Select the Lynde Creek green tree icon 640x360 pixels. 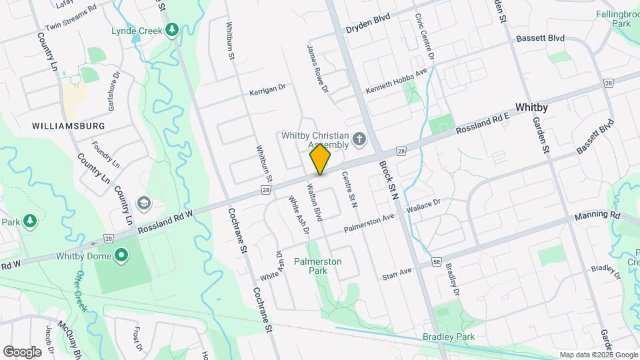[x=172, y=30]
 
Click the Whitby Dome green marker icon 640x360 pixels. [x=121, y=255]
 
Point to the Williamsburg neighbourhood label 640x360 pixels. [x=69, y=125]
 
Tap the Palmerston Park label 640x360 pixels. [x=318, y=267]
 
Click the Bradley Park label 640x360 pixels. [x=449, y=337]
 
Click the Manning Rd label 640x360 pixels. [x=597, y=215]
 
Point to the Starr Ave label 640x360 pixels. [x=399, y=274]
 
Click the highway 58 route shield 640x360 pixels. [x=436, y=262]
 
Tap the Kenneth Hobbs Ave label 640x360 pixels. [x=395, y=83]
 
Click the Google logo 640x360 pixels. [x=22, y=351]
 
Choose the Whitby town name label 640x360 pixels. [x=531, y=107]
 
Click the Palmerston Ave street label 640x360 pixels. [x=369, y=223]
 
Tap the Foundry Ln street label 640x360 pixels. [x=106, y=153]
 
